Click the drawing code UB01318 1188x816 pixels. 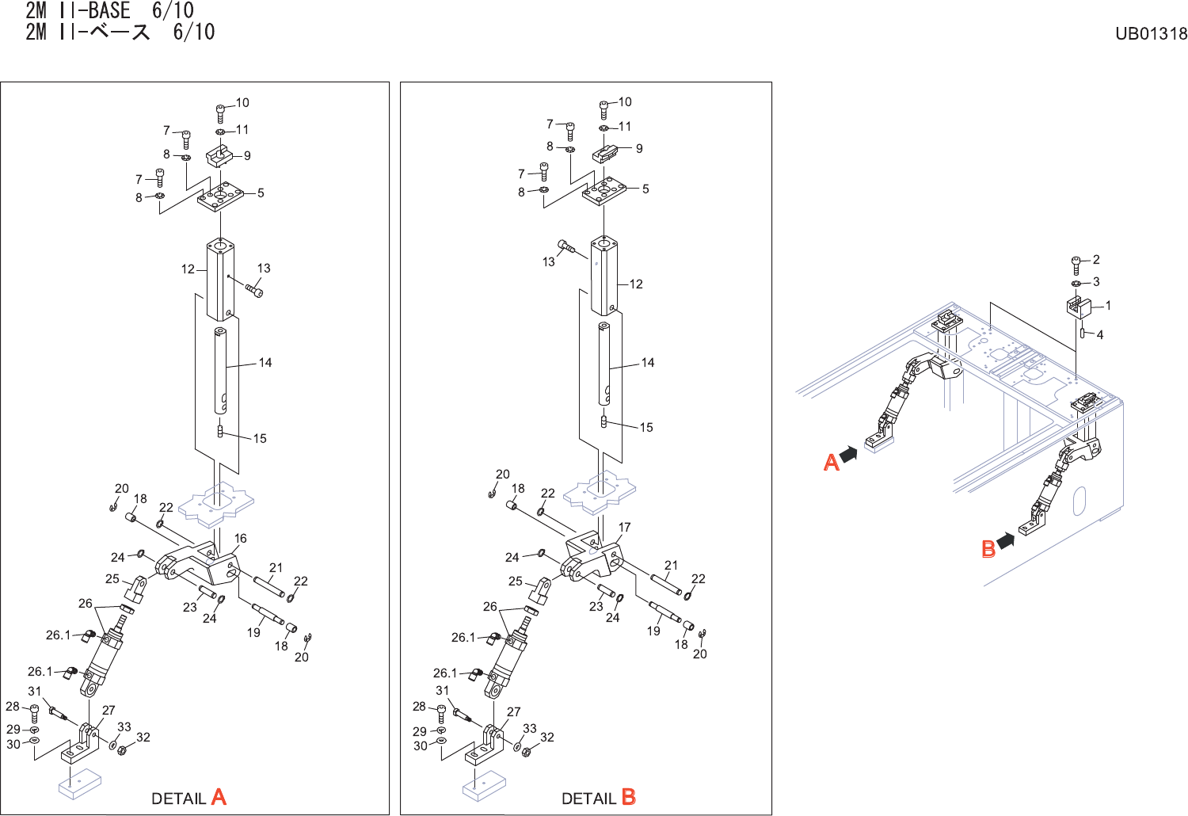(1151, 33)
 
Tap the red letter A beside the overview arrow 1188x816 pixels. (831, 462)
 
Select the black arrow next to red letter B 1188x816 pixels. (1006, 541)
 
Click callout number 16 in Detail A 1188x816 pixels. (240, 538)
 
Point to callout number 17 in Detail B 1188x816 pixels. (625, 527)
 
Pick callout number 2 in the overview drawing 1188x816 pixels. (1096, 259)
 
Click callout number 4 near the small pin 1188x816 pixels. (1099, 335)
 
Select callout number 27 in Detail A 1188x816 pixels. (109, 711)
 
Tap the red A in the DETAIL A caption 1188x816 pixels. (219, 797)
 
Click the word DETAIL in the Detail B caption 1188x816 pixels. (588, 799)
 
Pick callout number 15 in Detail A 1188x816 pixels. (260, 438)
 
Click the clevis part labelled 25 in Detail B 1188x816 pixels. (543, 590)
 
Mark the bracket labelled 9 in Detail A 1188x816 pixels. (219, 155)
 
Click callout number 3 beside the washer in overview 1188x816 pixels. (1096, 281)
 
